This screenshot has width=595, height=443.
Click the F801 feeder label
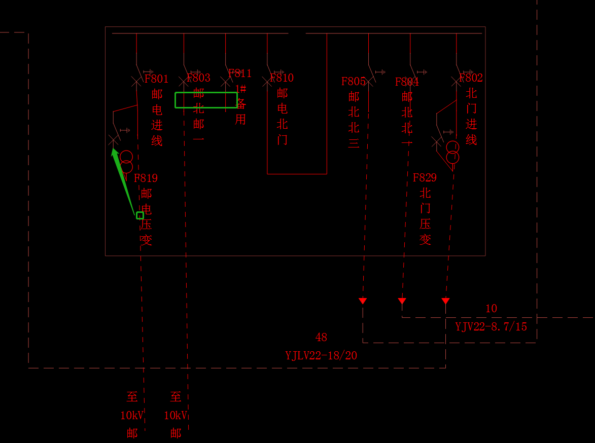tap(156, 79)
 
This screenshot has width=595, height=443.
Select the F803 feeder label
tap(198, 78)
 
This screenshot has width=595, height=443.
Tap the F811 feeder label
tap(240, 73)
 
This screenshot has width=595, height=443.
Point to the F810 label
tap(282, 78)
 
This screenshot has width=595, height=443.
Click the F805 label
tap(354, 81)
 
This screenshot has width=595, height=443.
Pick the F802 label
tap(471, 78)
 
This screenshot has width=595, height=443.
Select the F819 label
tap(146, 178)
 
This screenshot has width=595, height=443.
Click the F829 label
tap(425, 177)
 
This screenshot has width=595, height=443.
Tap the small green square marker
tap(140, 215)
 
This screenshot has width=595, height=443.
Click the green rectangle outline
tap(206, 100)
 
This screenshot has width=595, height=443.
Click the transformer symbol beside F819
tap(126, 162)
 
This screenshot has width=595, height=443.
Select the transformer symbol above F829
tap(452, 152)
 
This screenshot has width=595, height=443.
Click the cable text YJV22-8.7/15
tap(491, 327)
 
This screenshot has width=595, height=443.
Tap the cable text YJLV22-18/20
tap(321, 356)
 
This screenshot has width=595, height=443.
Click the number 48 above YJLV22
tap(321, 337)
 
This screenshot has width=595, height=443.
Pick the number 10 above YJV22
tap(491, 308)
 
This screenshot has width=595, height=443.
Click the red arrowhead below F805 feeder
tap(363, 301)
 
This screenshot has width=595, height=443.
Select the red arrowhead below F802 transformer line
tap(445, 301)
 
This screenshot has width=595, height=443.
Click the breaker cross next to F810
tap(267, 82)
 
